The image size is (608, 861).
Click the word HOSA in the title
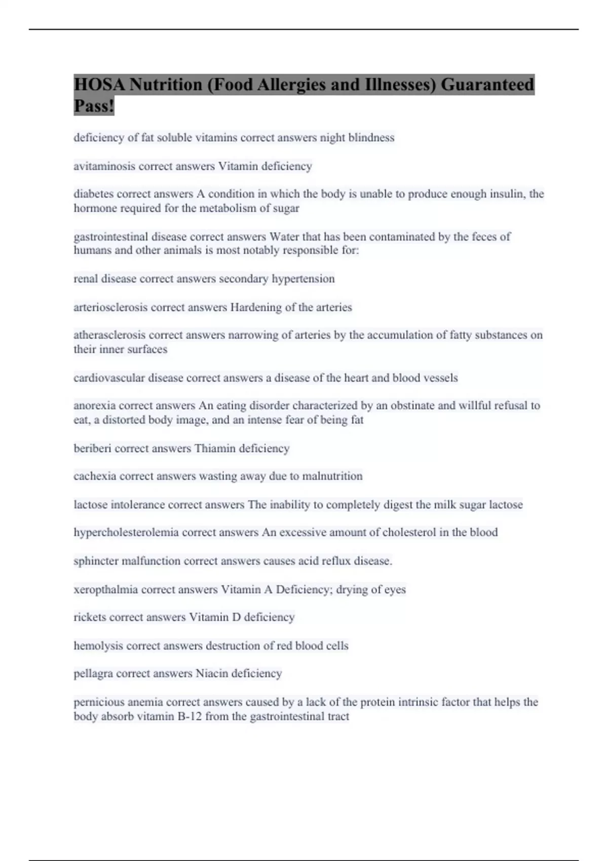99,85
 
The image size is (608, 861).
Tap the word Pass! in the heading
94,106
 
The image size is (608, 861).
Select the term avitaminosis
104,166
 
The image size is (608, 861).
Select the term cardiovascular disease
128,378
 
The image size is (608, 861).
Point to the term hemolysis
98,646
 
